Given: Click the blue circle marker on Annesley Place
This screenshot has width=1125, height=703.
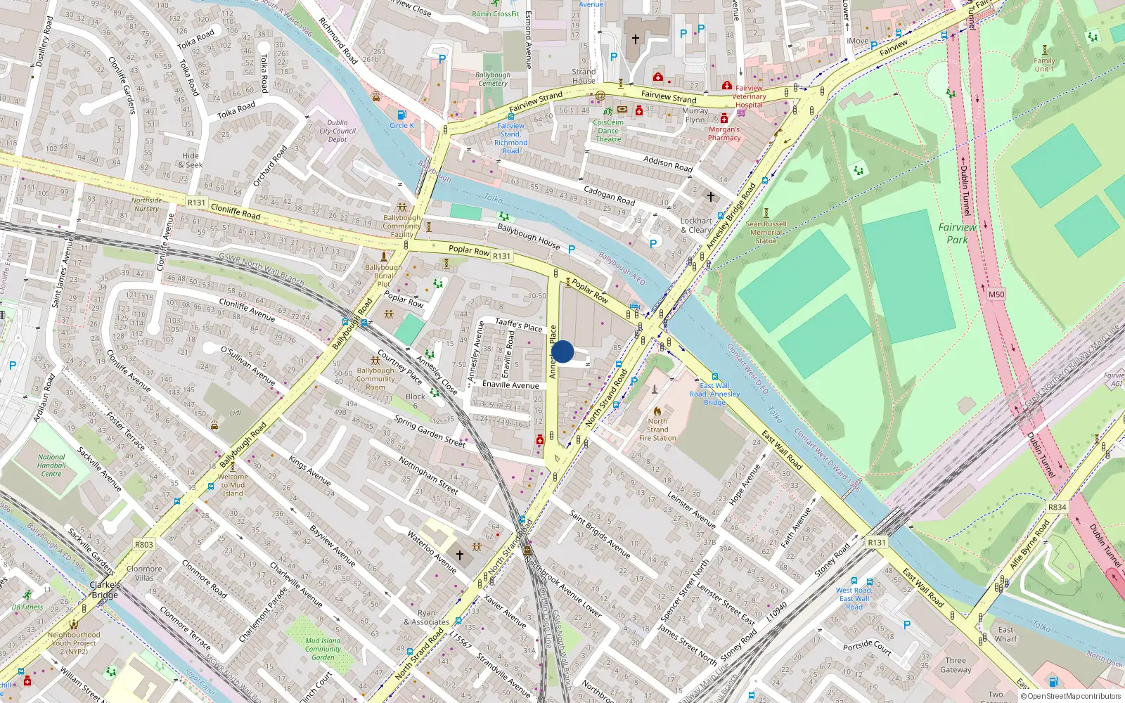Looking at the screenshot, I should [x=562, y=351].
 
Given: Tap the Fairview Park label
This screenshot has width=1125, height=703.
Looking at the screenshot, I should [x=957, y=233].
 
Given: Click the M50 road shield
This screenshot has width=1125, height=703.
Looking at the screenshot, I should [x=996, y=295].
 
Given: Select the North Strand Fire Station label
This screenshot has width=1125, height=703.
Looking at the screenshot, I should [x=657, y=430].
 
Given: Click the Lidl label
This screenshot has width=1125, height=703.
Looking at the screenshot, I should [x=236, y=413].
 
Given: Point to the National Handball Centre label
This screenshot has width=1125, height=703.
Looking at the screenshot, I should [x=51, y=465].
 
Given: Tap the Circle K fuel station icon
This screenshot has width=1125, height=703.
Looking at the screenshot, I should [x=401, y=115].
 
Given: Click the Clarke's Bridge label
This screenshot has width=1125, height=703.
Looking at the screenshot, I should [x=105, y=590].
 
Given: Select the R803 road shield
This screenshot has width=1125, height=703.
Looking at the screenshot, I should [x=144, y=545].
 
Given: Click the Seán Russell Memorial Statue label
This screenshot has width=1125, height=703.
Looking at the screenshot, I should [x=766, y=232].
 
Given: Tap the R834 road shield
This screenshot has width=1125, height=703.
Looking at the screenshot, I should [x=1057, y=507].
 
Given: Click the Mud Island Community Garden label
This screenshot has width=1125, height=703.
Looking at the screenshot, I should [x=323, y=649].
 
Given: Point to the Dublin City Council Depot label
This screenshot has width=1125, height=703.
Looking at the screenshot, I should [x=337, y=131].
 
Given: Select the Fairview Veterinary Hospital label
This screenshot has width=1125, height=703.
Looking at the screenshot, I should [x=749, y=96].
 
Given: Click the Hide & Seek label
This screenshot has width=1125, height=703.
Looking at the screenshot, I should [x=191, y=160].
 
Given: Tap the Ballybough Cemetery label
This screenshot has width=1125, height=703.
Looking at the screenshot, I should [x=493, y=79].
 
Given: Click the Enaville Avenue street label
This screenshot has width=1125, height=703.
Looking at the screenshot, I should [x=510, y=385].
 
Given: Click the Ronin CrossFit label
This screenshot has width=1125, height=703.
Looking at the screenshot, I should [x=496, y=13].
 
